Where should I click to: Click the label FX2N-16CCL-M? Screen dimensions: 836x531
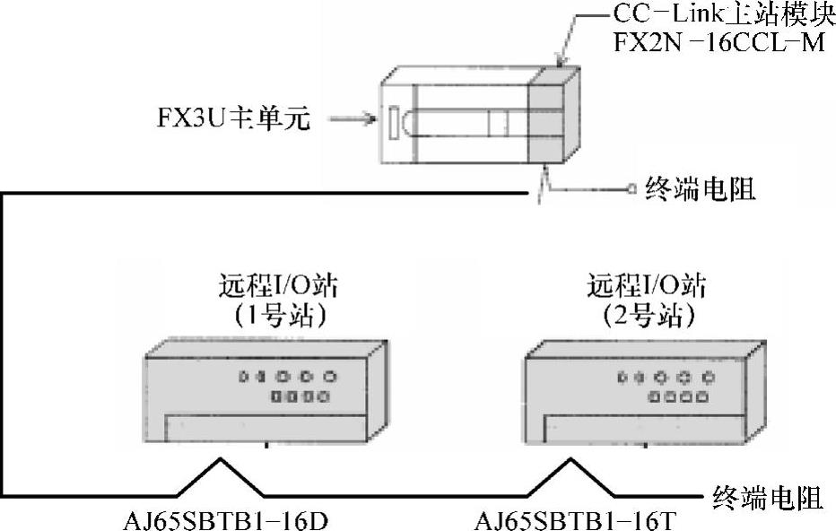pyautogui.click(x=718, y=43)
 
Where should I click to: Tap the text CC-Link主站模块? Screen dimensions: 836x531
pyautogui.click(x=718, y=14)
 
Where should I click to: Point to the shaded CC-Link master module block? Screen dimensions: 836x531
pyautogui.click(x=549, y=112)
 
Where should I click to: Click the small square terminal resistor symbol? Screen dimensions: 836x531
pyautogui.click(x=633, y=189)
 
